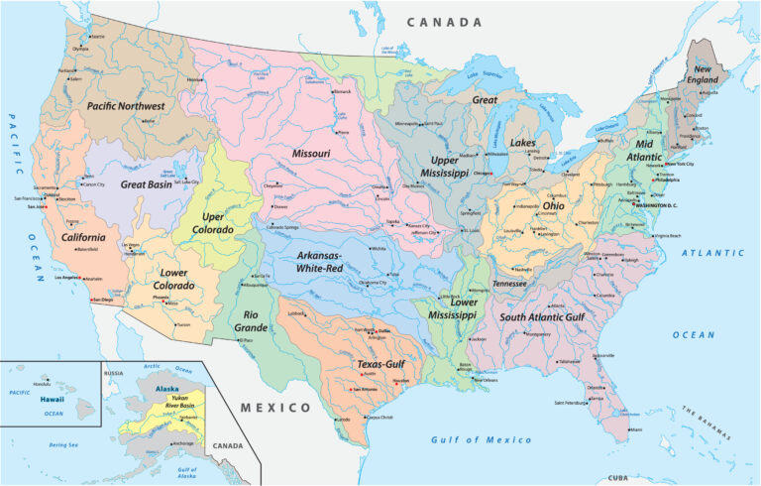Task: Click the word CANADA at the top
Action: (x=444, y=22)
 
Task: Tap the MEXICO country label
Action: (x=277, y=408)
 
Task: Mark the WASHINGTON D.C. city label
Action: (x=657, y=204)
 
